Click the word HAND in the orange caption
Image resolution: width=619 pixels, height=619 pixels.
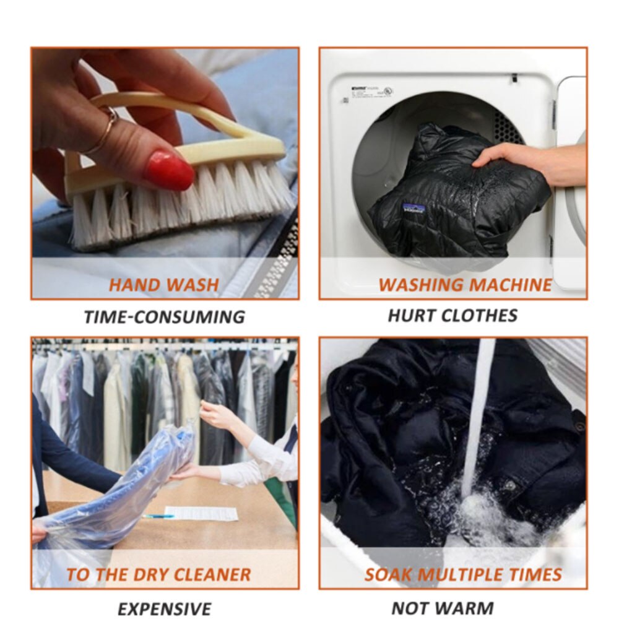click(x=132, y=285)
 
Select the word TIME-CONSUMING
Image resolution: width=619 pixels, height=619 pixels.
click(x=164, y=317)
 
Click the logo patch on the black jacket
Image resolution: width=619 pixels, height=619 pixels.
click(x=413, y=209)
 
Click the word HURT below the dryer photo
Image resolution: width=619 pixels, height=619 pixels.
click(x=410, y=315)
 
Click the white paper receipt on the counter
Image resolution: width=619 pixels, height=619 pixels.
click(x=201, y=513)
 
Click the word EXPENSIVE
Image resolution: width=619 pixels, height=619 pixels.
click(x=164, y=608)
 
